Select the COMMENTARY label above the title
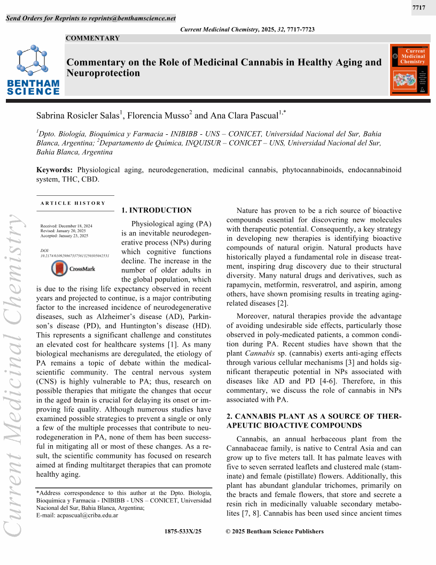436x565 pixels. pyautogui.click(x=92, y=38)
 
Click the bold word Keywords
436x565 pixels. pyautogui.click(x=54, y=170)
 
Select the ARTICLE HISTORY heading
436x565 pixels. pyautogui.click(x=73, y=203)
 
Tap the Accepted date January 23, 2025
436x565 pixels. pyautogui.click(x=65, y=235)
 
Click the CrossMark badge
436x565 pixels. pyautogui.click(x=75, y=269)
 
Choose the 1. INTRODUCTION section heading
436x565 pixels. pyautogui.click(x=157, y=210)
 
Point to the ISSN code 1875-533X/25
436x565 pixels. pyautogui.click(x=183, y=531)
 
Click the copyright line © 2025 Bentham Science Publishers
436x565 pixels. pyautogui.click(x=275, y=531)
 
